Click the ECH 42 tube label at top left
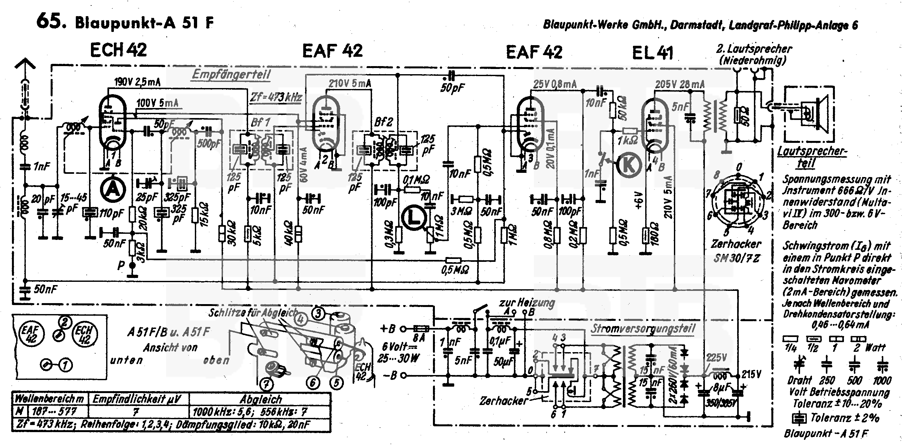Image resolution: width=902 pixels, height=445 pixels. click(118, 50)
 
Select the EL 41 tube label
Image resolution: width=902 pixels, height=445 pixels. click(652, 53)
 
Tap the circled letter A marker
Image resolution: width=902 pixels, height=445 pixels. click(113, 189)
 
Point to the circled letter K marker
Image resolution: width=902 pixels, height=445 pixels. click(628, 165)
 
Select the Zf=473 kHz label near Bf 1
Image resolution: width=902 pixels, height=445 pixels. click(276, 97)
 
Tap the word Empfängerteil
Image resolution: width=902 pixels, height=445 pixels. click(231, 74)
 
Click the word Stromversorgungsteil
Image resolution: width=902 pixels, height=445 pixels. click(643, 328)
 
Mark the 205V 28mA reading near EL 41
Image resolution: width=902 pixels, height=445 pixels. click(680, 84)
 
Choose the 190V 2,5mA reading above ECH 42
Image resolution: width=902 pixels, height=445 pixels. click(138, 82)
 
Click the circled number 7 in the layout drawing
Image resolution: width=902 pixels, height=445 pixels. click(266, 385)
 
